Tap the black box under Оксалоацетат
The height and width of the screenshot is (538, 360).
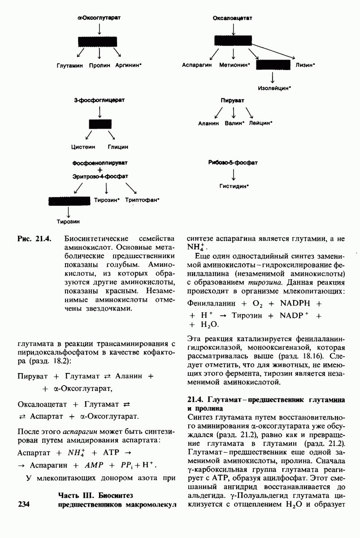pyautogui.click(x=233, y=41)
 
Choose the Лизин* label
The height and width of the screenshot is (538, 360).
pyautogui.click(x=305, y=65)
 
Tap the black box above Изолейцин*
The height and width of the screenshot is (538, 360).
pyautogui.click(x=273, y=65)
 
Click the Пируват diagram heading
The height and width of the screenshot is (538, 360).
pyautogui.click(x=233, y=101)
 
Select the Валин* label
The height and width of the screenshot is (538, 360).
pyautogui.click(x=234, y=122)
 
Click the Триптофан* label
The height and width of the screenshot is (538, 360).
pyautogui.click(x=143, y=200)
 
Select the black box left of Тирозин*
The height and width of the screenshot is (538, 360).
pyautogui.click(x=69, y=200)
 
